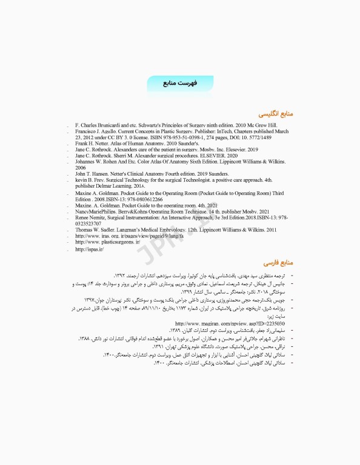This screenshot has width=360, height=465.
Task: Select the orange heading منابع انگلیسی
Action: [276, 113]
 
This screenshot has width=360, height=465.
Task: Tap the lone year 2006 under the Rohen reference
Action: [81, 168]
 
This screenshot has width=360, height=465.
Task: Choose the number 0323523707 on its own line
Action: [93, 223]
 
